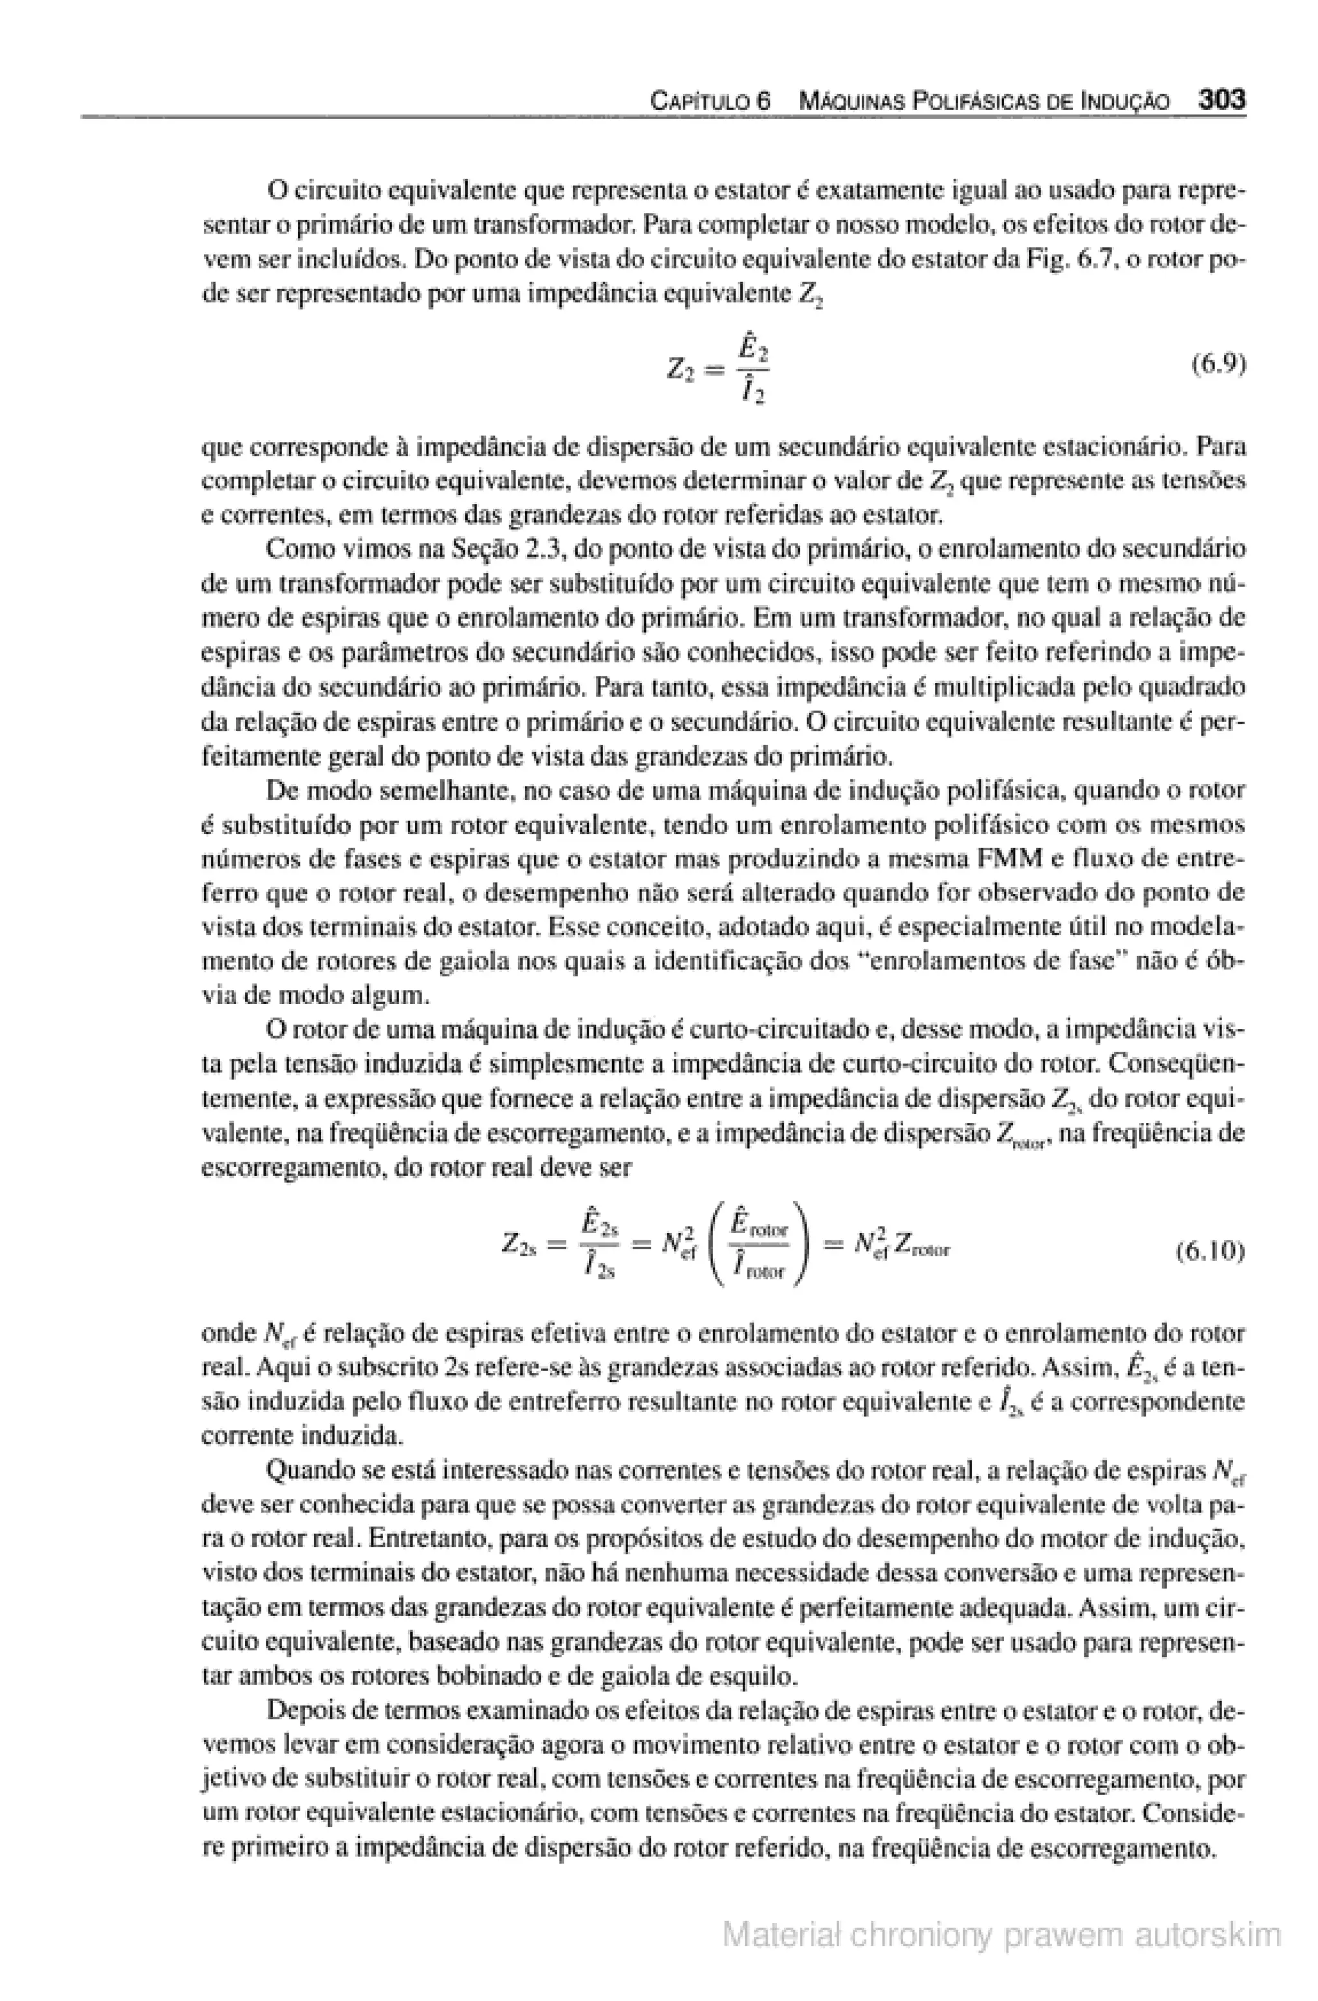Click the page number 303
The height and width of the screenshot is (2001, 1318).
click(x=1220, y=100)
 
